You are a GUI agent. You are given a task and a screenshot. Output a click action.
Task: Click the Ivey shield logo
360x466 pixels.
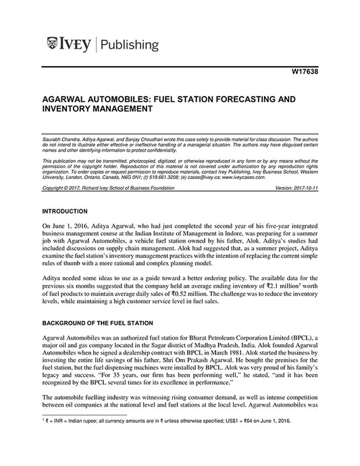(x=53, y=45)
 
